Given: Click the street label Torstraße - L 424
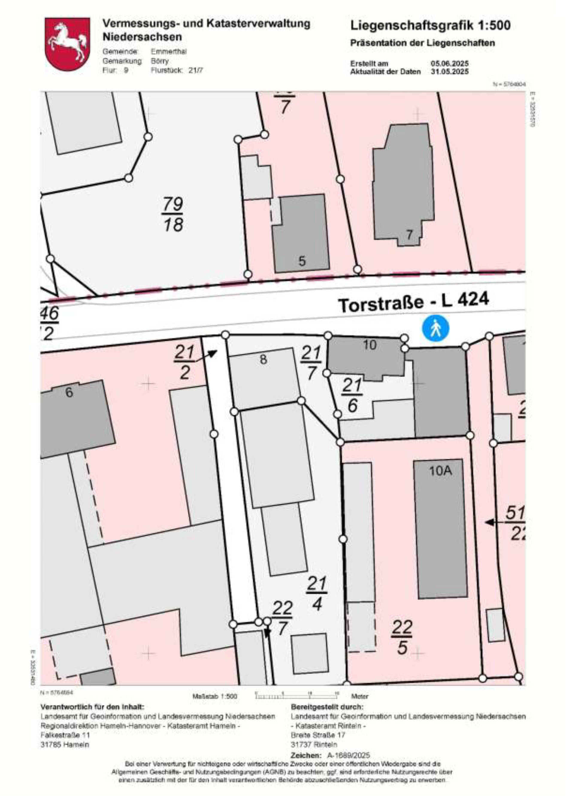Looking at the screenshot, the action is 413,302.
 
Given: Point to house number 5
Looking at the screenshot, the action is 302,261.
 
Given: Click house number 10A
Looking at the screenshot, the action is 440,471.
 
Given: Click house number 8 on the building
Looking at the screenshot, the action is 263,359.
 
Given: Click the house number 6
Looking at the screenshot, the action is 69,393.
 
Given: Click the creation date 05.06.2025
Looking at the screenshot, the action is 450,64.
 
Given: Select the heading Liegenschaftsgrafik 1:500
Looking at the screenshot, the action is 430,25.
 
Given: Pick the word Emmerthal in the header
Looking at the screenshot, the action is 169,52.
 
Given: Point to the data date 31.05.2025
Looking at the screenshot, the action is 450,72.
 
